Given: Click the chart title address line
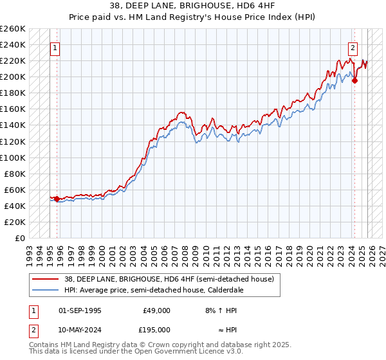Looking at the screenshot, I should pyautogui.click(x=192, y=6).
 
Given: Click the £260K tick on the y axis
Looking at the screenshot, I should pyautogui.click(x=12, y=29).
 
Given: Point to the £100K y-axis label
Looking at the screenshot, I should pyautogui.click(x=12, y=157).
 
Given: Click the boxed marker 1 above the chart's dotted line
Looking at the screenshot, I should pyautogui.click(x=55, y=47).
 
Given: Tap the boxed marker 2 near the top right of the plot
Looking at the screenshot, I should pyautogui.click(x=353, y=47).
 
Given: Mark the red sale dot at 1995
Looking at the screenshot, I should pyautogui.click(x=57, y=199).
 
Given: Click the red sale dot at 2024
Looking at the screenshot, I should pyautogui.click(x=354, y=80).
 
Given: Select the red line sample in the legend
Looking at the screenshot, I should pyautogui.click(x=43, y=279).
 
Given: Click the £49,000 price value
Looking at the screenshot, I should pyautogui.click(x=156, y=310).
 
